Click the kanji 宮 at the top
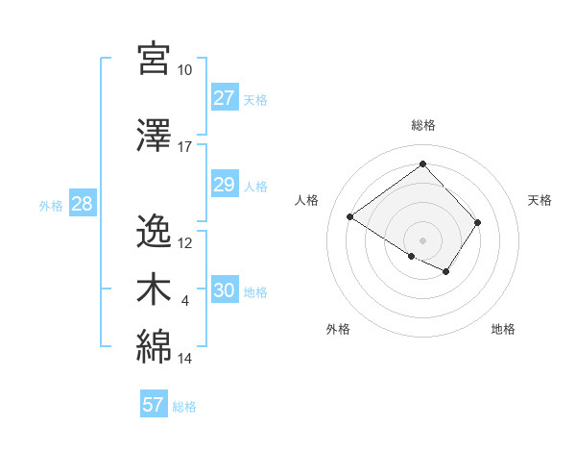pyautogui.click(x=155, y=59)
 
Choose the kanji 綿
pyautogui.click(x=155, y=347)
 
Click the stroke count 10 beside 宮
pyautogui.click(x=184, y=70)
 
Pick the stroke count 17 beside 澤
pyautogui.click(x=184, y=147)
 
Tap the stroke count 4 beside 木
pyautogui.click(x=185, y=301)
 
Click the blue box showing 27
pyautogui.click(x=224, y=98)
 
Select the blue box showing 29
pyautogui.click(x=224, y=185)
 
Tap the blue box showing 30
pyautogui.click(x=224, y=290)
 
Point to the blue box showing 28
pyautogui.click(x=82, y=204)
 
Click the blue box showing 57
pyautogui.click(x=154, y=405)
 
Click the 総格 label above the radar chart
pyautogui.click(x=423, y=125)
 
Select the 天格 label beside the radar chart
pyautogui.click(x=540, y=200)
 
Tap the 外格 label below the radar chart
pyautogui.click(x=338, y=329)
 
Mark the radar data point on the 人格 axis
pyautogui.click(x=350, y=217)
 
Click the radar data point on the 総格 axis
pyautogui.click(x=423, y=163)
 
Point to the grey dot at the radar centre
pyautogui.click(x=422, y=239)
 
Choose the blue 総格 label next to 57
pyautogui.click(x=184, y=407)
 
